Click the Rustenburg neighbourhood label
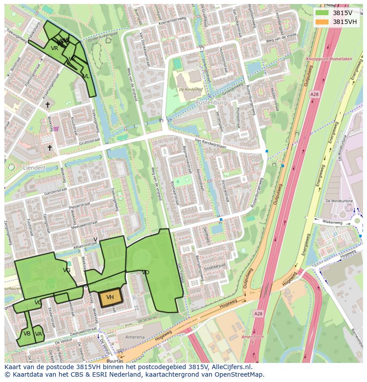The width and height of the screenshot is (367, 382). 211,102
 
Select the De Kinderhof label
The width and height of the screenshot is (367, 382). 191,90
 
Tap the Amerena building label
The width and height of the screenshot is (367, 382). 134,337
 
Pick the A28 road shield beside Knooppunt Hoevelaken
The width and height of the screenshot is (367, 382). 314,94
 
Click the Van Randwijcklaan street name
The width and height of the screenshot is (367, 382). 210,143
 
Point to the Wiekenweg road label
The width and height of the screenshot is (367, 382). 332,221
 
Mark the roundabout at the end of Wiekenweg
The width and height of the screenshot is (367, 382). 357,221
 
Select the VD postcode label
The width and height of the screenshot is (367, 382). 145,272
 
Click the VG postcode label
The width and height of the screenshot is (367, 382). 66,270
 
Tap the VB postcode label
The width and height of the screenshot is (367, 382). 27,334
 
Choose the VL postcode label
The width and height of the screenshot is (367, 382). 86,76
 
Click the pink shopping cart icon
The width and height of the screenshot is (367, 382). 56,129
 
